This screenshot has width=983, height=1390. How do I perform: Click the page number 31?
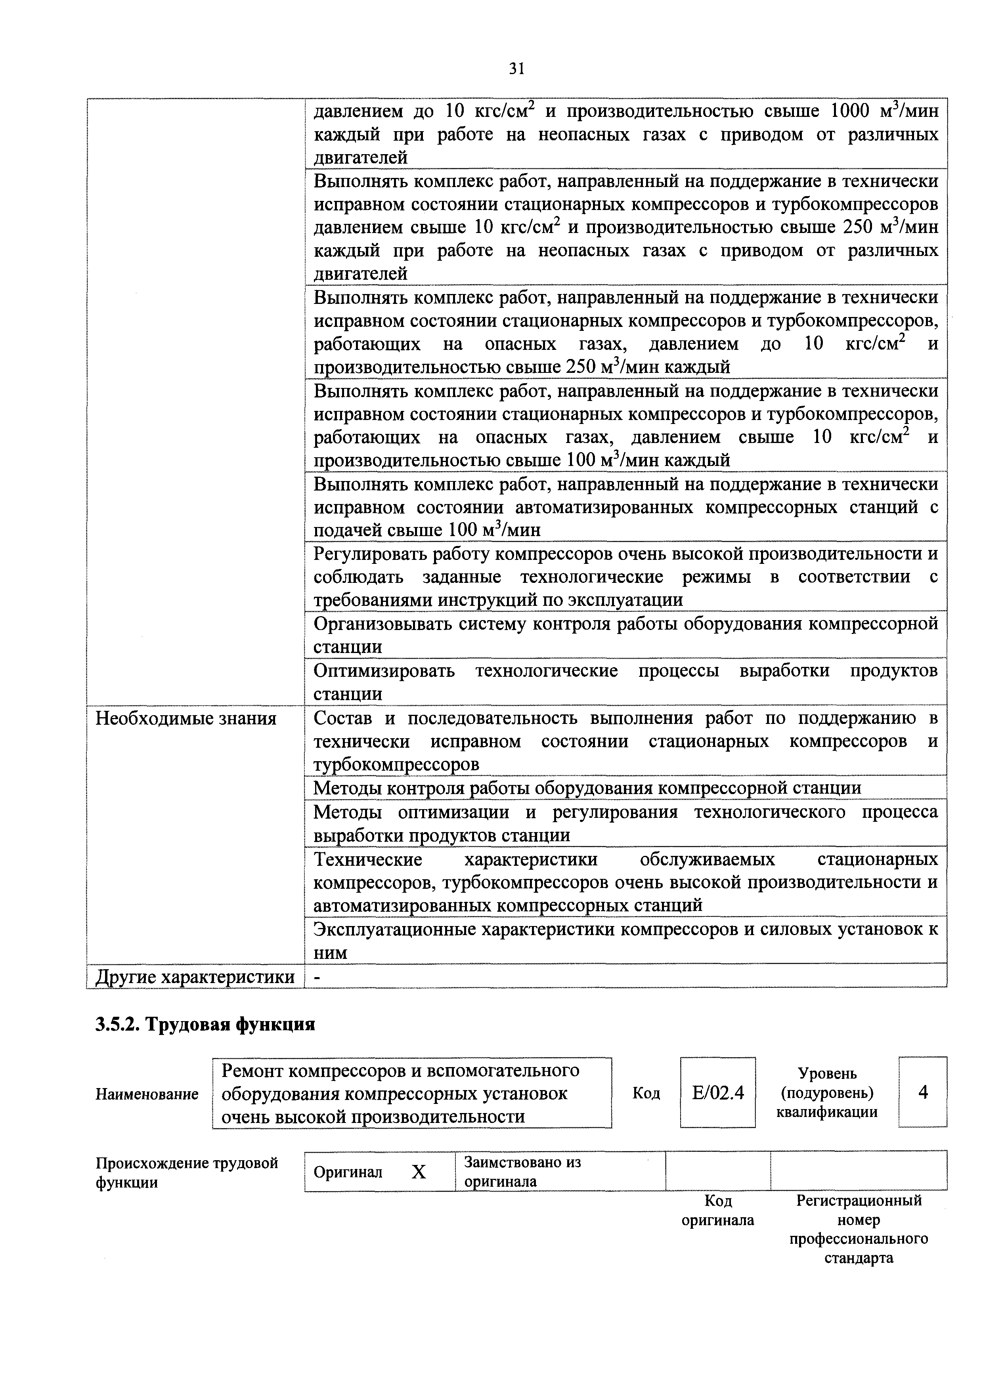click(x=516, y=69)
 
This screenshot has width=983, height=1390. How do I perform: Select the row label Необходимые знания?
click(x=186, y=719)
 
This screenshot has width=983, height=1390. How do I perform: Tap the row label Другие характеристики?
click(x=195, y=976)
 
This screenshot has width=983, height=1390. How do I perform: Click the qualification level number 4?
click(x=923, y=1092)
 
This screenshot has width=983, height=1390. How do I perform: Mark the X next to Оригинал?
click(x=419, y=1172)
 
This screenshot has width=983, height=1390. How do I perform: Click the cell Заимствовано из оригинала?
click(x=522, y=1172)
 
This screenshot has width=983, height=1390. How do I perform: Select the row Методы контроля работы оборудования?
click(x=586, y=788)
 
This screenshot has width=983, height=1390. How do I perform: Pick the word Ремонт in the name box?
click(x=251, y=1071)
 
